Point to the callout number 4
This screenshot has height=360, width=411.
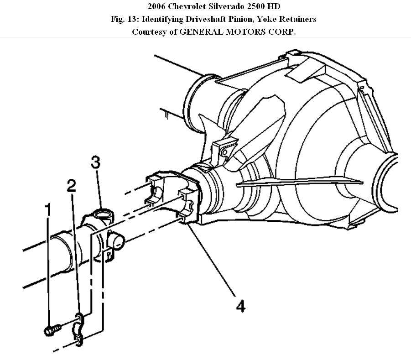240,306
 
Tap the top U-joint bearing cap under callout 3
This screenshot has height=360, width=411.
103,214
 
